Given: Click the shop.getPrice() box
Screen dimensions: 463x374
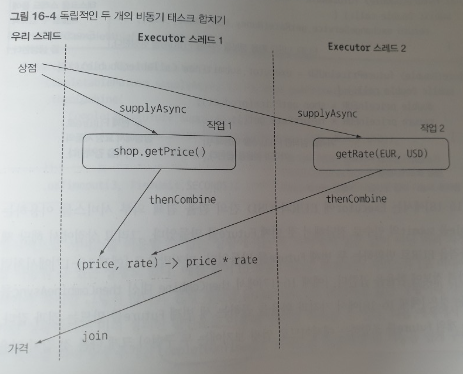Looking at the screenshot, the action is [159, 152].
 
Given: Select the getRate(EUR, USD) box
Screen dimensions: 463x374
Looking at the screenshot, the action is [381, 154].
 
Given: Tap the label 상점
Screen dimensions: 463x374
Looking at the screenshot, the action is [27, 68].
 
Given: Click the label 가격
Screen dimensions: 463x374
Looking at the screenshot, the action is [18, 348].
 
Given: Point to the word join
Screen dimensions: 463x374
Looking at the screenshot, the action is [95, 336].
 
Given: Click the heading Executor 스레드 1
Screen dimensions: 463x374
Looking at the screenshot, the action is [180, 38].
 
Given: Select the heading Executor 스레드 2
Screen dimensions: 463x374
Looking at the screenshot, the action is [367, 47].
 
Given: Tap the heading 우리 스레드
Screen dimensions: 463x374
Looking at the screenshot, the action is [36, 36].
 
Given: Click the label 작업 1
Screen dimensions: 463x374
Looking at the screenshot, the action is [219, 125].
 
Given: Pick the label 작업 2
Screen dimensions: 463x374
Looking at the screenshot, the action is [432, 128].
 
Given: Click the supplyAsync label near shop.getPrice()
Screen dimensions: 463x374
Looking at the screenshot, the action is [153, 109].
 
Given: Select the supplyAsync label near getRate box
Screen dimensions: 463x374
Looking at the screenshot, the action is [327, 114].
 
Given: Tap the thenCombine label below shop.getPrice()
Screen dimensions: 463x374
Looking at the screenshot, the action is [182, 200].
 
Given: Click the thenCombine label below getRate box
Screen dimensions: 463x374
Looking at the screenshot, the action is [356, 199].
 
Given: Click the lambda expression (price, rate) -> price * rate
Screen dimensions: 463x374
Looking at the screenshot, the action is [167, 262].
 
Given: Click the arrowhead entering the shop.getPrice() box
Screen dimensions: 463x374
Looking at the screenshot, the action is [155, 132].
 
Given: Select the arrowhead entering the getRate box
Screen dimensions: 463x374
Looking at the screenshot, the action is [358, 136].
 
